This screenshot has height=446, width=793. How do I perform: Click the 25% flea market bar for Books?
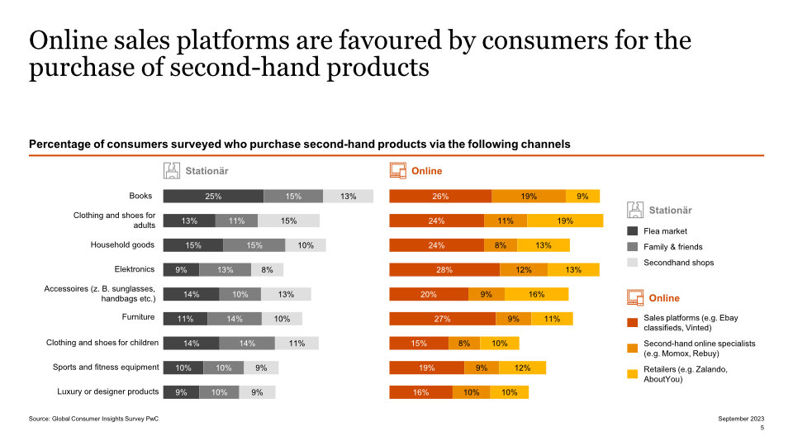[x=213, y=196]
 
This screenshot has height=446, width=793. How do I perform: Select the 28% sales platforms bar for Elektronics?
[x=444, y=269]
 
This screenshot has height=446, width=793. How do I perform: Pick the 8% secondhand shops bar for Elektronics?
[x=267, y=269]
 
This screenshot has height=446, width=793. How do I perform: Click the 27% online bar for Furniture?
[x=442, y=318]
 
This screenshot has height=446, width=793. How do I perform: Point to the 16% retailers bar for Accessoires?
[x=536, y=294]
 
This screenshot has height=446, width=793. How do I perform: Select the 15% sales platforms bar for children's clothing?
[x=419, y=343]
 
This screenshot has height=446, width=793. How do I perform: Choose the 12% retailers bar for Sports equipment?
[x=522, y=368]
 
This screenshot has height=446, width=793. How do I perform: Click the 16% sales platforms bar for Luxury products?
[x=420, y=392]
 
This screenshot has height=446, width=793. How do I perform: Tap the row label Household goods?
[x=122, y=245]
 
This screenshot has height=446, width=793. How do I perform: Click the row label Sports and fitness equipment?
[x=106, y=367]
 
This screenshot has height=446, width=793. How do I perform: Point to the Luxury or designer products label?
[x=107, y=391]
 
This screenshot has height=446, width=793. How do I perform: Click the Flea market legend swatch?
[x=633, y=231]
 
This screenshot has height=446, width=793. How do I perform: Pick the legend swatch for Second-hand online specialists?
[x=633, y=347]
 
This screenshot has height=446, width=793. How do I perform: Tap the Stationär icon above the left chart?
[x=171, y=171]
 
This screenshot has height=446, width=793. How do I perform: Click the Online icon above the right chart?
[x=397, y=171]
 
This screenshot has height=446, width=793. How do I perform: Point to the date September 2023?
[x=741, y=420]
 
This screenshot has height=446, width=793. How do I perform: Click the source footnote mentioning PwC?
[x=93, y=420]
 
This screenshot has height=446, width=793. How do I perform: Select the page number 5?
[x=762, y=429]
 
